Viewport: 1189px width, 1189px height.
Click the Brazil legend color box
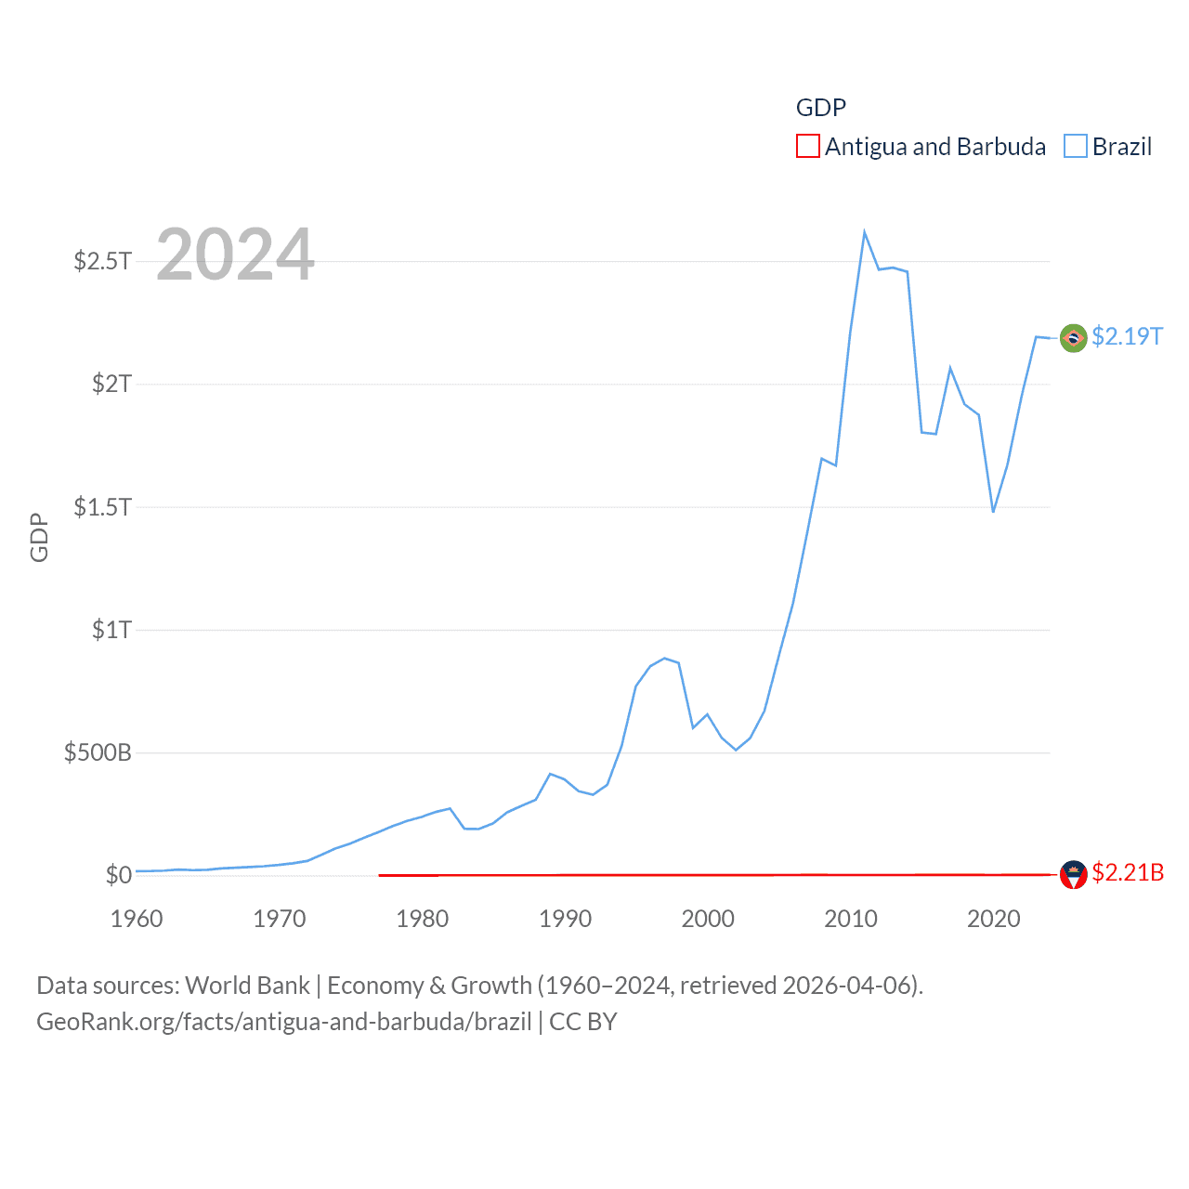1076,147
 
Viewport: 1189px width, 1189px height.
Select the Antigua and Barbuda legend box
808,147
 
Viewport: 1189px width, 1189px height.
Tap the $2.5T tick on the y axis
102,261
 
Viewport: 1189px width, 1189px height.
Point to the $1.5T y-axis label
102,507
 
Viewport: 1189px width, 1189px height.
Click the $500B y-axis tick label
98,752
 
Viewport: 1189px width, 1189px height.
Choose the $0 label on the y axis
119,875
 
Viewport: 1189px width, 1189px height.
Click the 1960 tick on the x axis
137,919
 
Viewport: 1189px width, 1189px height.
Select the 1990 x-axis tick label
565,919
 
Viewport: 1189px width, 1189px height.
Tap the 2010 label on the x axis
851,919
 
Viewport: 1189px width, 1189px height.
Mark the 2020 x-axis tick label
994,919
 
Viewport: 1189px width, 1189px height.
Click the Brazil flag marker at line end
1074,338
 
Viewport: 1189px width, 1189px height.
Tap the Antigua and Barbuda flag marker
1074,875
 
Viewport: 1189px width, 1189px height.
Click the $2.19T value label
1127,336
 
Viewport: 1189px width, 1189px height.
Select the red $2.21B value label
1128,873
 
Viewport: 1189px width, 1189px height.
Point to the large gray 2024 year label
235,255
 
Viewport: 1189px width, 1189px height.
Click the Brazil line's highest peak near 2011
864,232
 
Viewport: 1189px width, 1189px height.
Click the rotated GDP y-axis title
39,537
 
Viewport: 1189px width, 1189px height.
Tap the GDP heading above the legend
821,108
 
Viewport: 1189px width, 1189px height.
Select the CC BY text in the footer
583,1022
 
